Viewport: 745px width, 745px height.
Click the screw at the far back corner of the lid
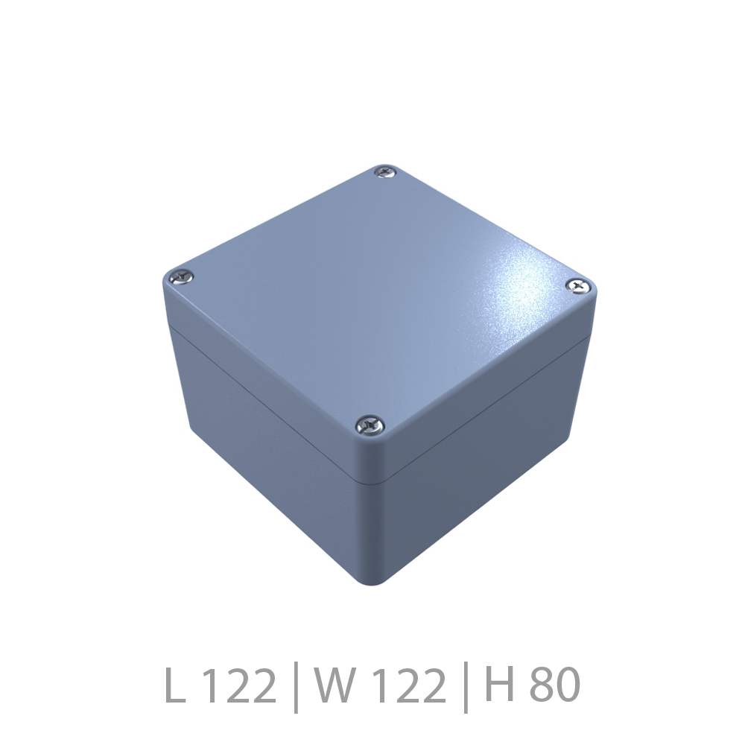point(385,171)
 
